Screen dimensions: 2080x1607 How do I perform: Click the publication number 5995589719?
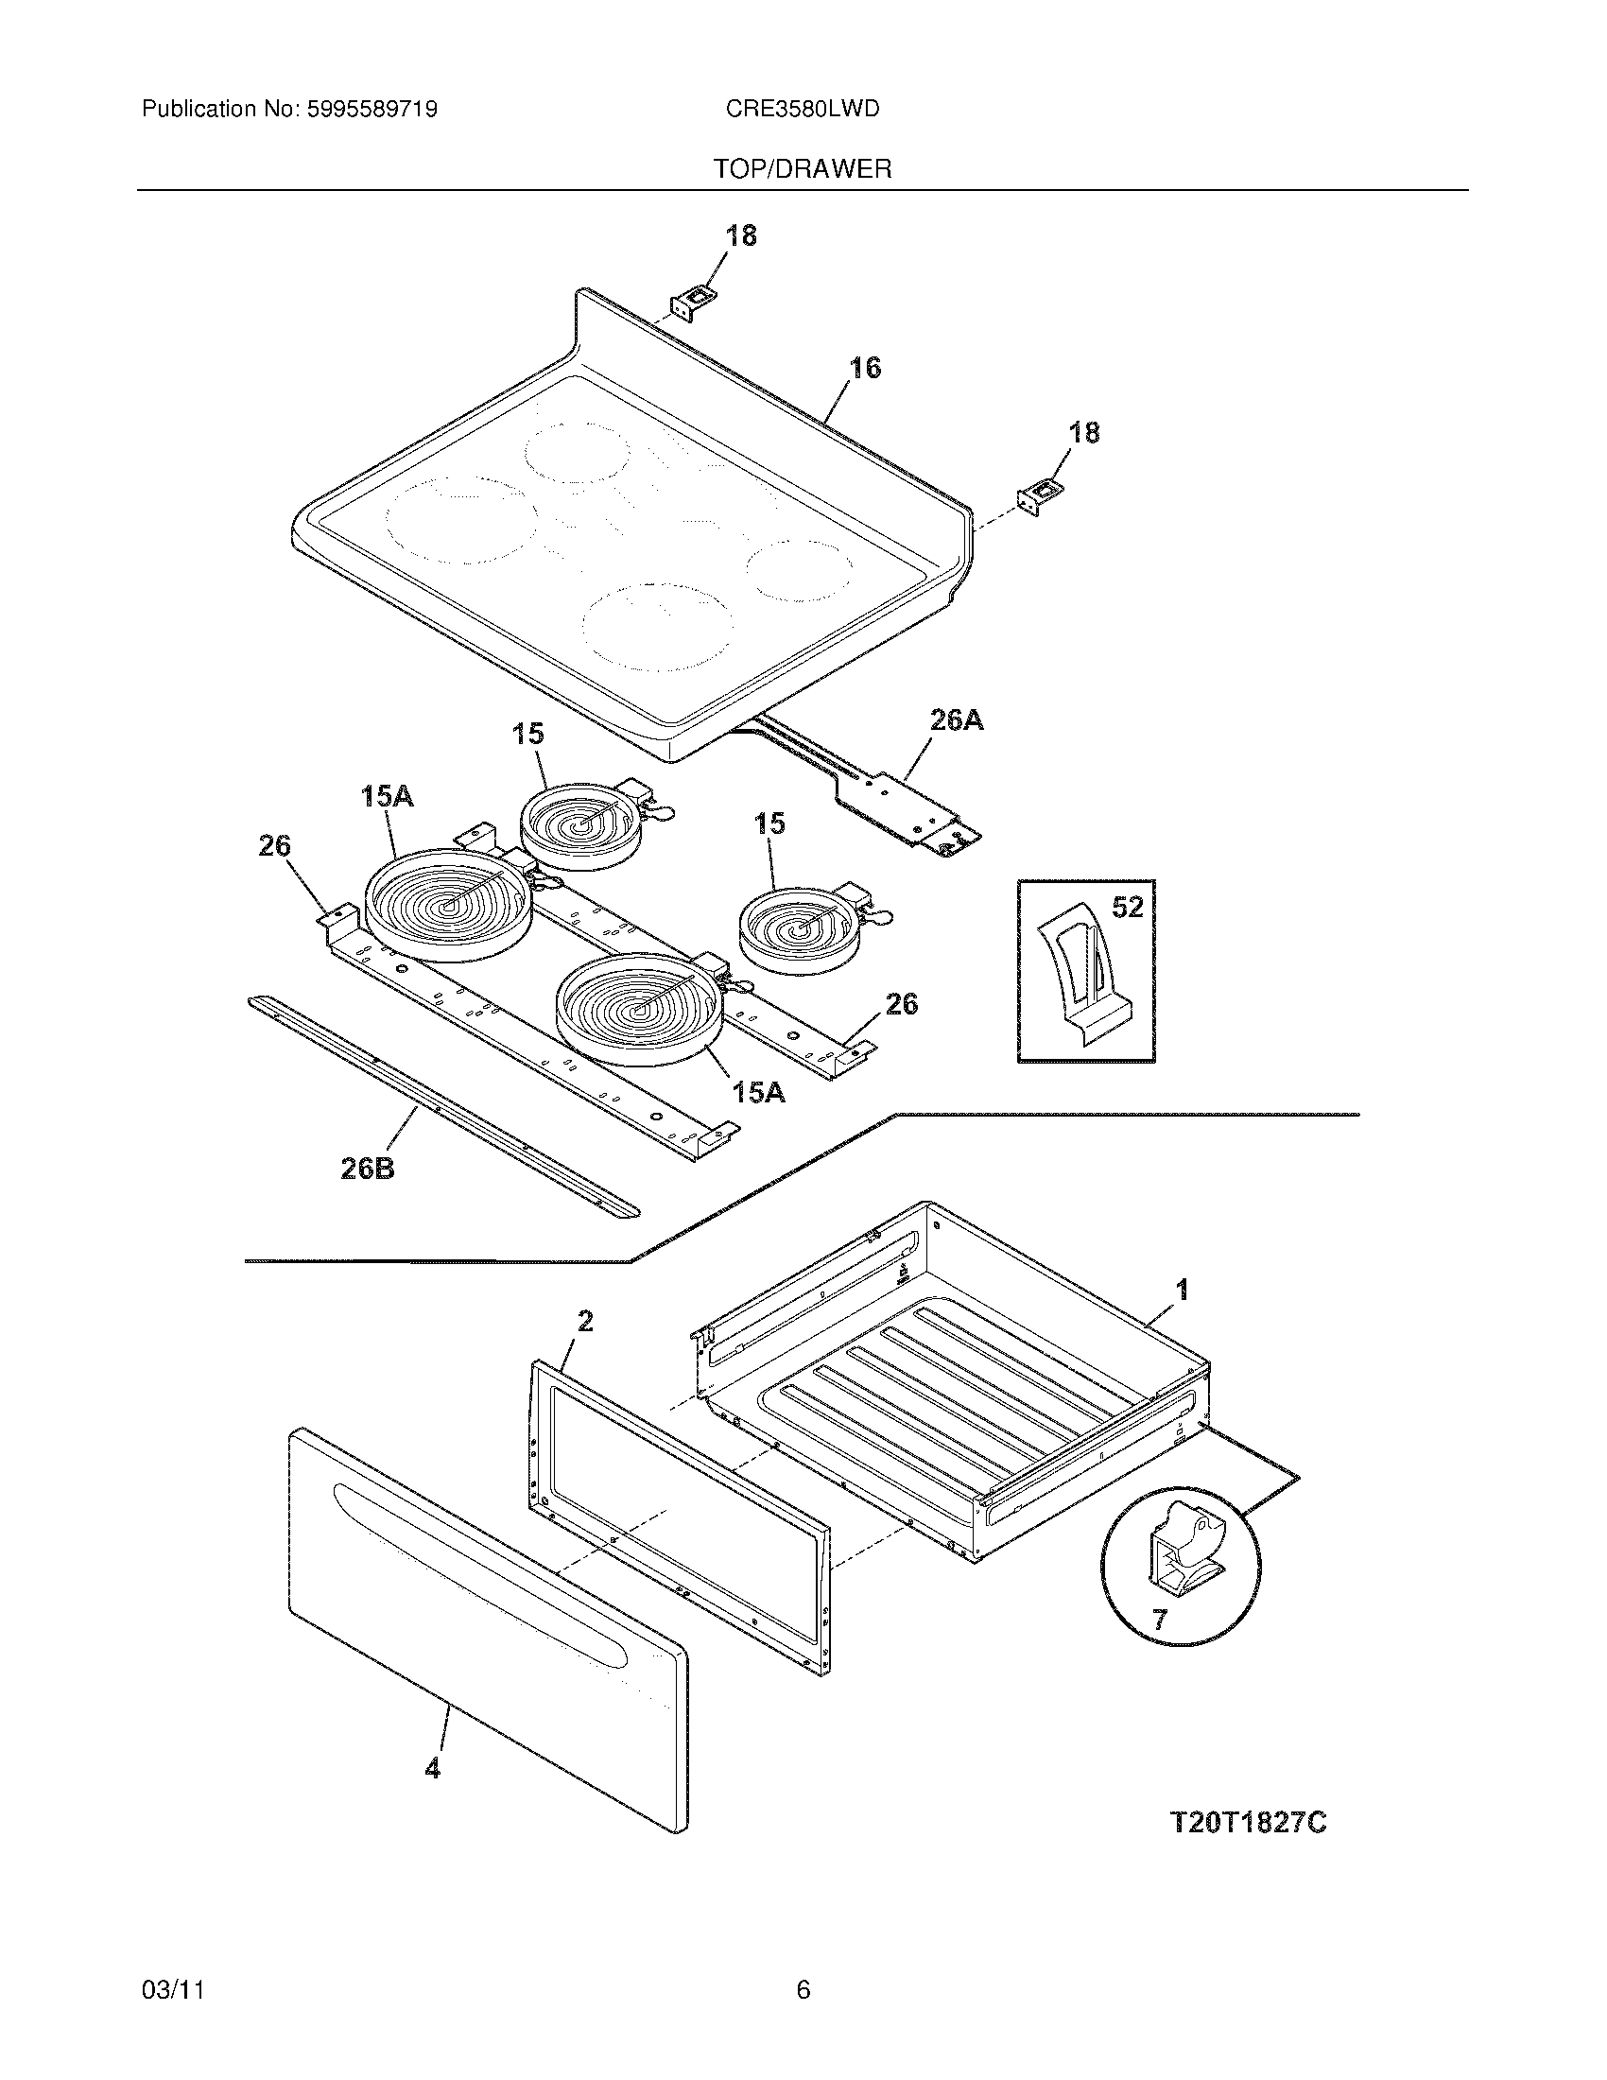click(x=372, y=110)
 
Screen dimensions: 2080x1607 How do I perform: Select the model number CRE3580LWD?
click(x=802, y=110)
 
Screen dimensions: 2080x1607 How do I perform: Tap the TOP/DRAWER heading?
click(x=803, y=169)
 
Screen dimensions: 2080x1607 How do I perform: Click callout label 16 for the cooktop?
click(x=864, y=368)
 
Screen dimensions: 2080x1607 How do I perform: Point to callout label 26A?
click(x=956, y=721)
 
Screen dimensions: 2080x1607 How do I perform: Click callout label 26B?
click(x=368, y=1169)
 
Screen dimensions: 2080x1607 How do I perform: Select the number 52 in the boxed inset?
click(x=1127, y=908)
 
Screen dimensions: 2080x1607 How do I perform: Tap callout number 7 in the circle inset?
click(x=1159, y=1619)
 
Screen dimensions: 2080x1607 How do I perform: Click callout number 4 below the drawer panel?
click(x=433, y=1769)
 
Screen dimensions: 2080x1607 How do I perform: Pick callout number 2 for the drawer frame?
click(x=584, y=1321)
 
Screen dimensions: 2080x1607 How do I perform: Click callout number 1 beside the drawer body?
click(x=1183, y=1291)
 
